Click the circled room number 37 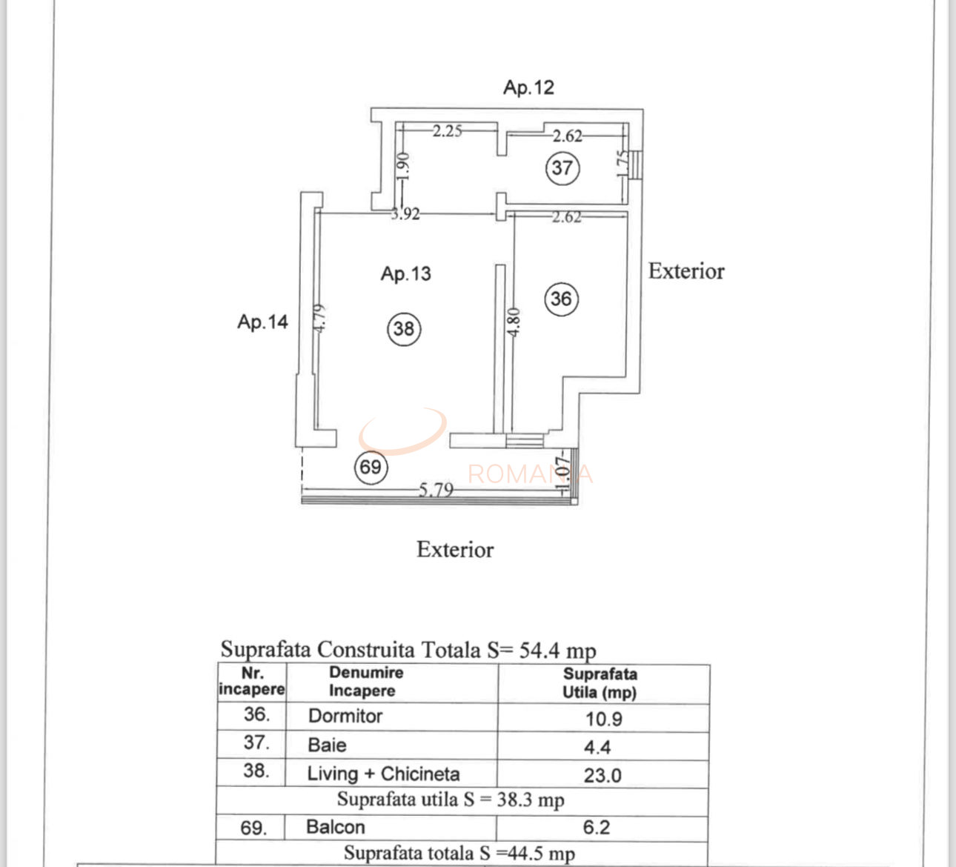(x=562, y=168)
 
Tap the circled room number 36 (x=562, y=299)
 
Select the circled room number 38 (x=404, y=329)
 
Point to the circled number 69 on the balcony (x=371, y=467)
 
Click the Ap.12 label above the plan (x=528, y=87)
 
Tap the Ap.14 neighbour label (x=262, y=322)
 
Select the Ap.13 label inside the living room (x=406, y=274)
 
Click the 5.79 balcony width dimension (x=436, y=490)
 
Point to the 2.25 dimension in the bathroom (x=447, y=130)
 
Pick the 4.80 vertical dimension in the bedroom (x=514, y=322)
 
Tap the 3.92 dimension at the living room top (x=405, y=214)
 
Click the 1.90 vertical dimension (x=403, y=166)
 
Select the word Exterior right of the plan (x=686, y=271)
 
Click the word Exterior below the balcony (x=455, y=550)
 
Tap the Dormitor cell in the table (x=345, y=717)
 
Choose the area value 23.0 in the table (x=603, y=776)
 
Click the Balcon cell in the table (x=336, y=827)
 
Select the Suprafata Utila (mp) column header (x=600, y=683)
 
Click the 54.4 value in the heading (x=539, y=650)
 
